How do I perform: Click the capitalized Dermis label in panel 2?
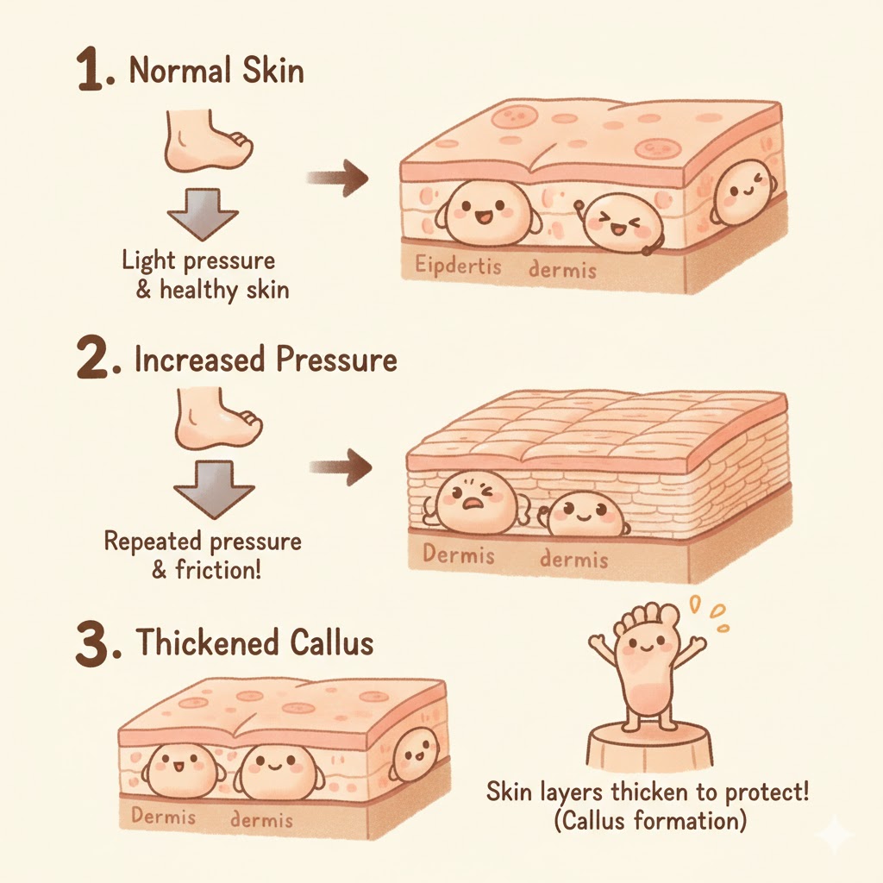pos(459,554)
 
